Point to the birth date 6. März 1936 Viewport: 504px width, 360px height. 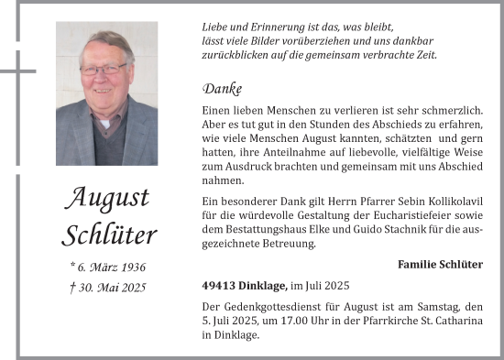pos(108,267)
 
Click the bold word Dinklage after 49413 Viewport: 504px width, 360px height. pos(264,286)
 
